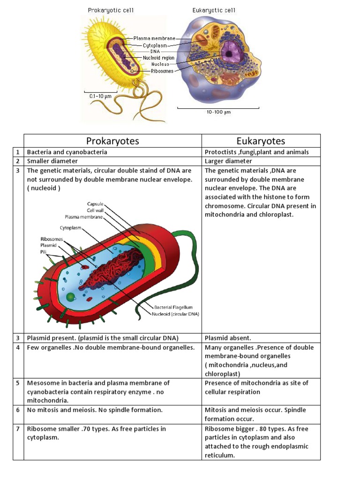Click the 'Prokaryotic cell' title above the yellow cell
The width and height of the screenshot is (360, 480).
coord(111,10)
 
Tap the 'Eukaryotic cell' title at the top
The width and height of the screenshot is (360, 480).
coord(214,10)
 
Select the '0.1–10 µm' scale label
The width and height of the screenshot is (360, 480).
coord(100,96)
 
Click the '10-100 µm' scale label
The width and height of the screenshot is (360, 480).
coord(218,112)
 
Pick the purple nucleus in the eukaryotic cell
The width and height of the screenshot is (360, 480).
coord(229,52)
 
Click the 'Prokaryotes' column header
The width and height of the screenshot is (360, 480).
coord(112,141)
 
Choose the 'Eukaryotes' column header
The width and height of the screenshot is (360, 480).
coord(261,141)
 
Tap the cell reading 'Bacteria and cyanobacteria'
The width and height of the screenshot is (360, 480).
coord(67,152)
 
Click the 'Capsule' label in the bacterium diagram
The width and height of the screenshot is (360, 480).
coord(95,204)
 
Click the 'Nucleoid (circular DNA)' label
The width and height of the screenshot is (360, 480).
coord(175,314)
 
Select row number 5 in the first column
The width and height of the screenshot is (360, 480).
coord(18,383)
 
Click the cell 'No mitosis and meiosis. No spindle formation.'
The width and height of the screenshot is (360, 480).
coord(95,410)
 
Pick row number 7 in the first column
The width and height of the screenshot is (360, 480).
coord(18,429)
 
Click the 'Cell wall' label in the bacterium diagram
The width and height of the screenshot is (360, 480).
coord(94,210)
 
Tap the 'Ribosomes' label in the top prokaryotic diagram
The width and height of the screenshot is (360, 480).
coord(162,71)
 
